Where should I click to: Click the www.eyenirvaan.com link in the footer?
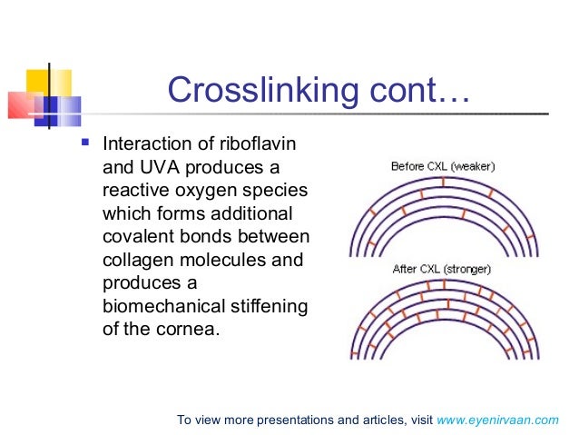498,420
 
